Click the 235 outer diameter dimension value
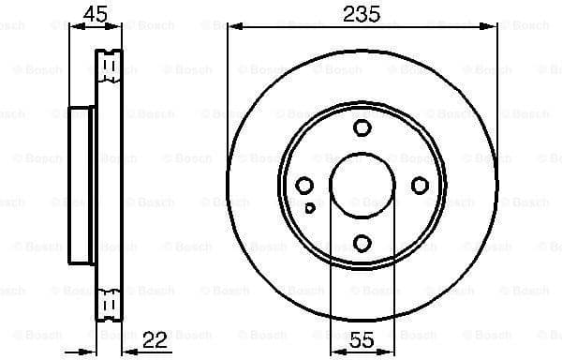point(361,13)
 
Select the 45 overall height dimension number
point(94,13)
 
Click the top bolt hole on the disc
point(362,127)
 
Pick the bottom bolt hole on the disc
point(362,244)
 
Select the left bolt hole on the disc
point(304,186)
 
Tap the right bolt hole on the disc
point(421,186)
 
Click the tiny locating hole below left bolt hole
point(310,208)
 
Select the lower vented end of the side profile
point(111,306)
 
